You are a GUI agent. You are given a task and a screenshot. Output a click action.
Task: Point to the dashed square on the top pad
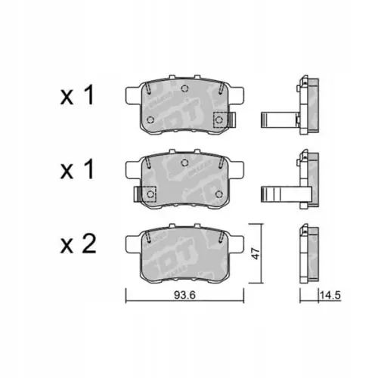pyautogui.click(x=222, y=119)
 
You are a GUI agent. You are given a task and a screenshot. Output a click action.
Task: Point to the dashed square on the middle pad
pyautogui.click(x=149, y=194)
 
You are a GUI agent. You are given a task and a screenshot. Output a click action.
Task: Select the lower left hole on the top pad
pyautogui.click(x=150, y=119)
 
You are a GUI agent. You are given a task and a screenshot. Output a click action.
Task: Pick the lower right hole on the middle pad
pyautogui.click(x=222, y=194)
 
